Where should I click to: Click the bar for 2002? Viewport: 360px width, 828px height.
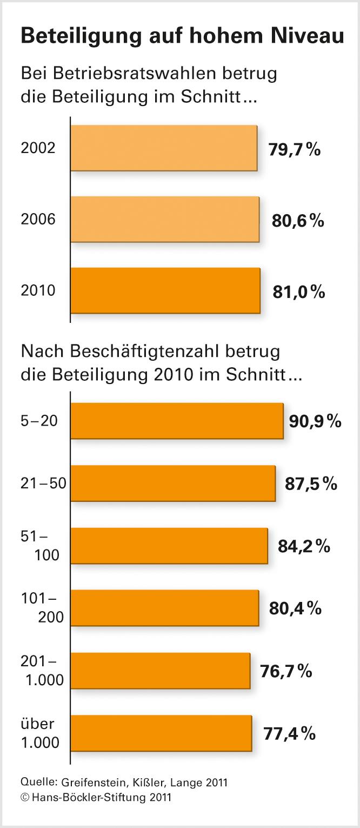pyautogui.click(x=164, y=148)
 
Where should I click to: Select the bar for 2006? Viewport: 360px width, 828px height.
pyautogui.click(x=165, y=219)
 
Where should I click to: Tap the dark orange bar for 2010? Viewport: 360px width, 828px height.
pyautogui.click(x=165, y=290)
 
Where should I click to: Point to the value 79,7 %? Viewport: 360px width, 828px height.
pyautogui.click(x=295, y=149)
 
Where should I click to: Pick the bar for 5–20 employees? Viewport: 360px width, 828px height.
pyautogui.click(x=177, y=421)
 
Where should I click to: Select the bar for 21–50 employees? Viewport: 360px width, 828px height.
pyautogui.click(x=173, y=483)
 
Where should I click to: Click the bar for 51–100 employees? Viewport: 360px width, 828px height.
pyautogui.click(x=169, y=546)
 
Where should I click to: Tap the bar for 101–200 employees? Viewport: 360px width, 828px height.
pyautogui.click(x=165, y=608)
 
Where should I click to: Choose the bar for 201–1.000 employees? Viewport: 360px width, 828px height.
pyautogui.click(x=161, y=671)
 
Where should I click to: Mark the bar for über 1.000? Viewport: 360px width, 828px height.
pyautogui.click(x=161, y=733)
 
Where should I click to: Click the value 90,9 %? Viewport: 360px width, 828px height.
pyautogui.click(x=315, y=421)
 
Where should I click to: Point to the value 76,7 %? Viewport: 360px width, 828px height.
pyautogui.click(x=287, y=671)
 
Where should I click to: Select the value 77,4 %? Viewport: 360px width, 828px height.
pyautogui.click(x=289, y=734)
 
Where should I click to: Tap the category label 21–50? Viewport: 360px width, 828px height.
pyautogui.click(x=43, y=483)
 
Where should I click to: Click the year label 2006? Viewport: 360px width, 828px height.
pyautogui.click(x=38, y=220)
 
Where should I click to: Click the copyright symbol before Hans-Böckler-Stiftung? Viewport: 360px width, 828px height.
pyautogui.click(x=24, y=797)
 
